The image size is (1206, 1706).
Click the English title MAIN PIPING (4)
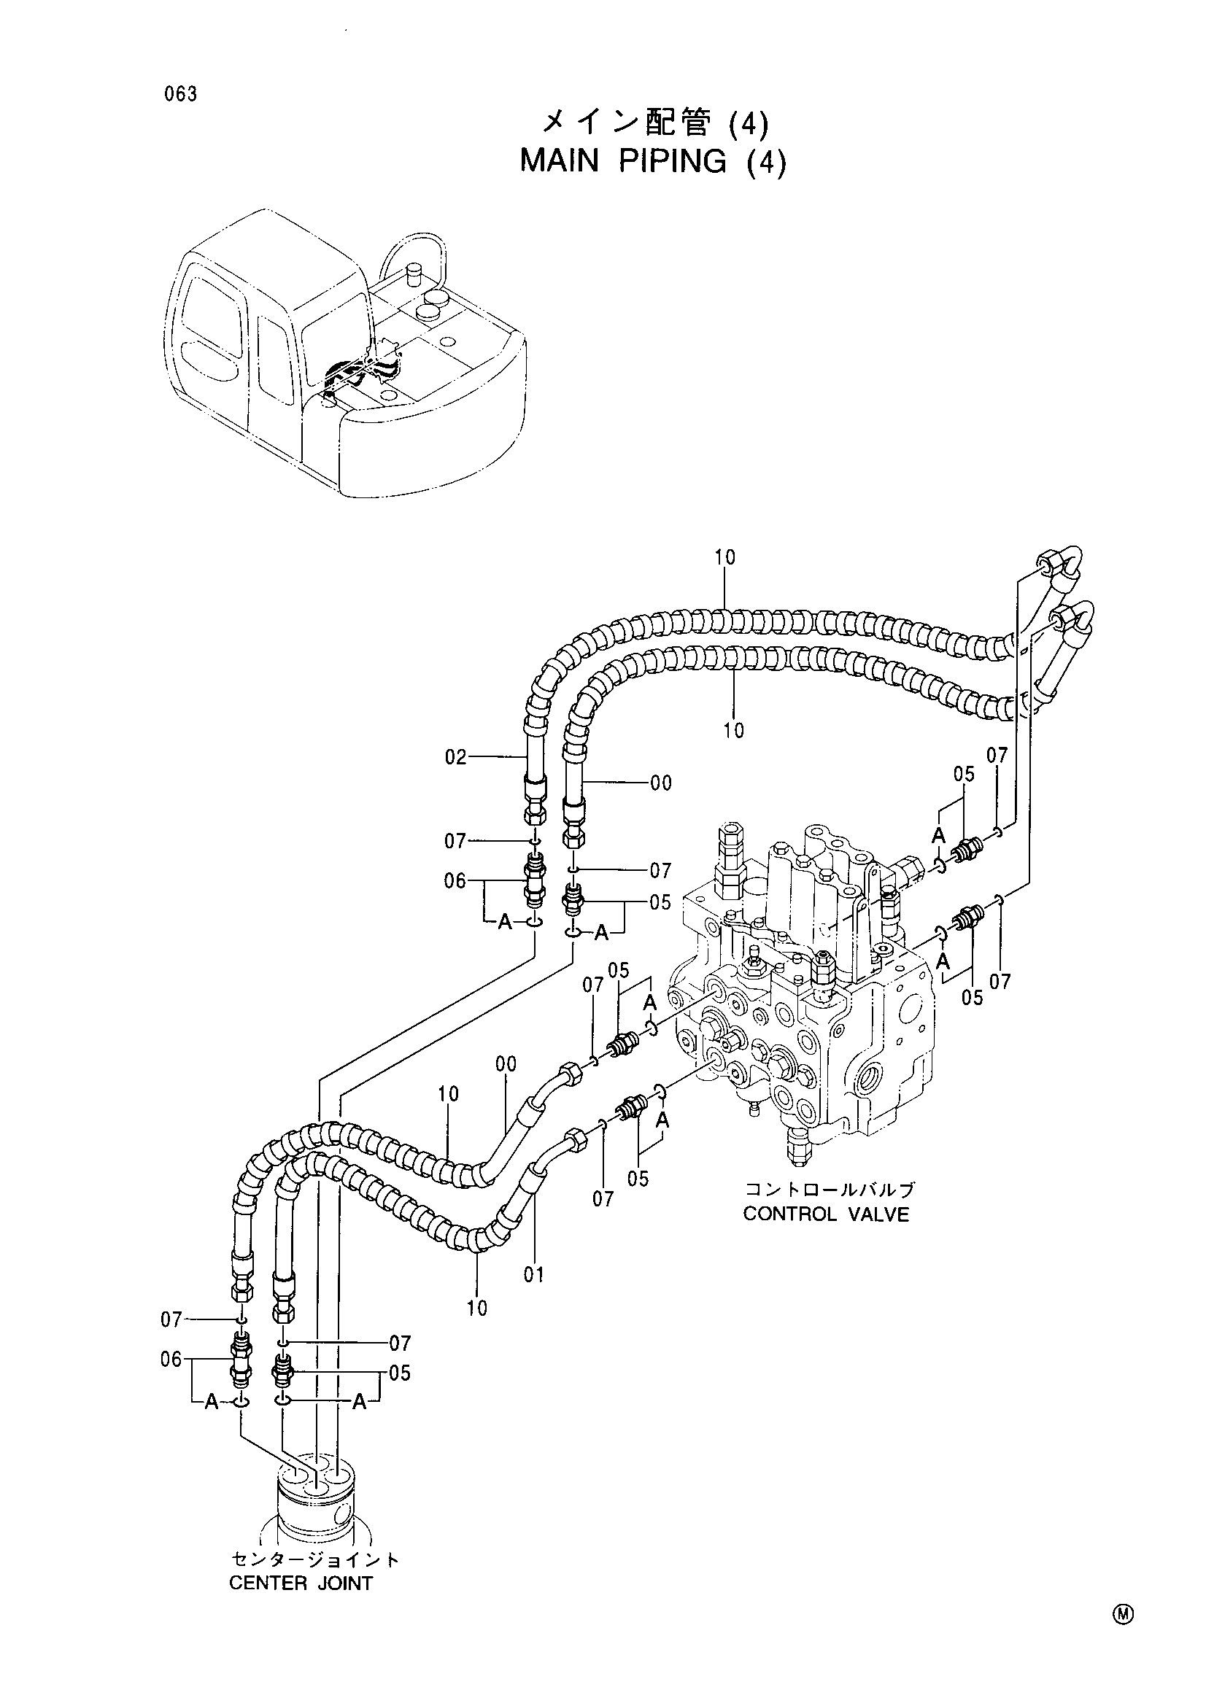(652, 161)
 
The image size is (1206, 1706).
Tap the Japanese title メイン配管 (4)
(654, 123)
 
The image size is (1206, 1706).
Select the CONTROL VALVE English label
(826, 1214)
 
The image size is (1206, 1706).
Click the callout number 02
(455, 757)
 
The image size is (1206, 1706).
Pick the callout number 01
(533, 1275)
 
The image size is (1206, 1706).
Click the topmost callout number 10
(725, 557)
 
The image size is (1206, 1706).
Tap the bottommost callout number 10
(477, 1308)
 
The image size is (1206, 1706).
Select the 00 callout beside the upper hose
(660, 783)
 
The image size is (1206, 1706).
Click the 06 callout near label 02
(455, 881)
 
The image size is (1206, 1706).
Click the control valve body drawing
(803, 988)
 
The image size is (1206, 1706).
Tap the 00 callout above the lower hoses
(506, 1064)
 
